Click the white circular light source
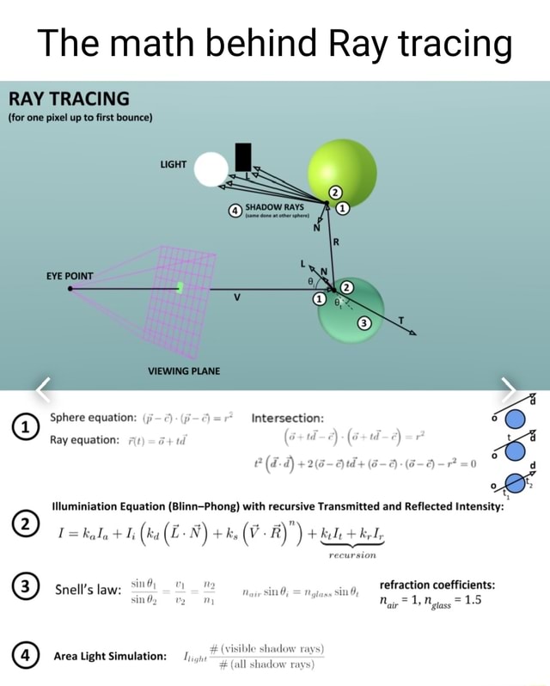[211, 168]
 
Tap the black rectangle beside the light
[243, 157]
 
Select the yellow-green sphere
[342, 173]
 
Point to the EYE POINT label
[70, 277]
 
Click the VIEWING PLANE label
[183, 371]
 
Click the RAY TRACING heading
[69, 98]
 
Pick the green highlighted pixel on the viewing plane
[180, 287]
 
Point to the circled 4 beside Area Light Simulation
[26, 656]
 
